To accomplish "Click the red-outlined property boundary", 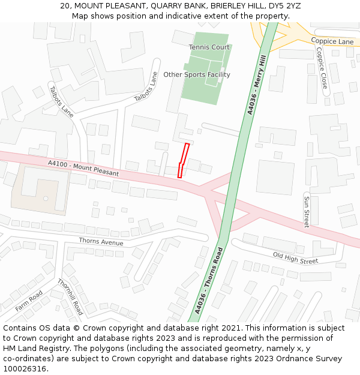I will click(x=184, y=160).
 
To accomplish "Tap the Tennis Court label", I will click(x=209, y=47).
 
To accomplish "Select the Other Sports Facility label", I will click(x=197, y=75).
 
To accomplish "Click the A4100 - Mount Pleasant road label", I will click(x=83, y=168).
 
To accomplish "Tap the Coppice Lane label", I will click(x=332, y=41).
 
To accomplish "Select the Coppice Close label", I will click(x=321, y=68).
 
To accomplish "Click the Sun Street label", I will click(x=306, y=211).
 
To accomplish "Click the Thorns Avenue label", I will click(x=101, y=242).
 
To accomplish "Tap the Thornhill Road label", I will click(x=70, y=297).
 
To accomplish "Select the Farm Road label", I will click(x=29, y=297).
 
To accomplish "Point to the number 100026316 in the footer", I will click(x=24, y=369).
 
